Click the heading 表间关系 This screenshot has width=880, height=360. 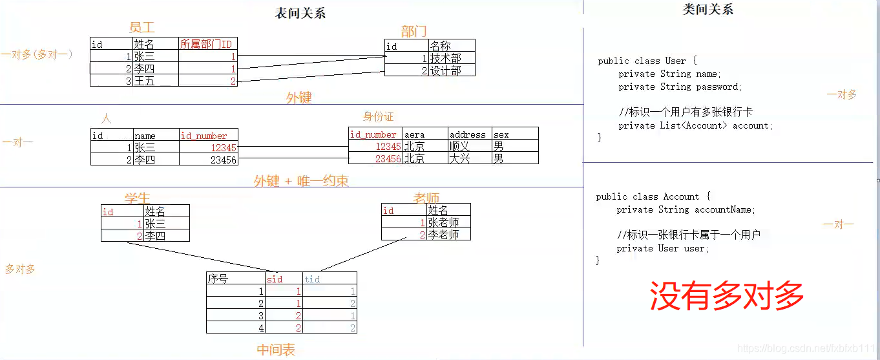(x=300, y=14)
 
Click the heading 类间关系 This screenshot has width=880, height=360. (x=707, y=10)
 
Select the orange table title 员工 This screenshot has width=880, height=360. (x=142, y=28)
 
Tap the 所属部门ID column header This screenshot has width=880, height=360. (x=206, y=44)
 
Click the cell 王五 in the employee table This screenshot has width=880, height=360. (x=145, y=81)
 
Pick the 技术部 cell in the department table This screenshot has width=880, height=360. (x=445, y=58)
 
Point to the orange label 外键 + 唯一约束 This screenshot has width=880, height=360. (x=301, y=181)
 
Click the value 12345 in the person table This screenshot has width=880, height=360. (x=224, y=147)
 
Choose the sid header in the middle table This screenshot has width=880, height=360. (x=275, y=279)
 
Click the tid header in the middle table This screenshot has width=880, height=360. (x=312, y=279)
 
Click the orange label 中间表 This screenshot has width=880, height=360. (x=276, y=350)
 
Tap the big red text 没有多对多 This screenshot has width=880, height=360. (x=726, y=296)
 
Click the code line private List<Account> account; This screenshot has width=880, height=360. (x=695, y=125)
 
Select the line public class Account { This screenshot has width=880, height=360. (x=653, y=196)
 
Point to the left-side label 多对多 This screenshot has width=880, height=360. (x=20, y=269)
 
